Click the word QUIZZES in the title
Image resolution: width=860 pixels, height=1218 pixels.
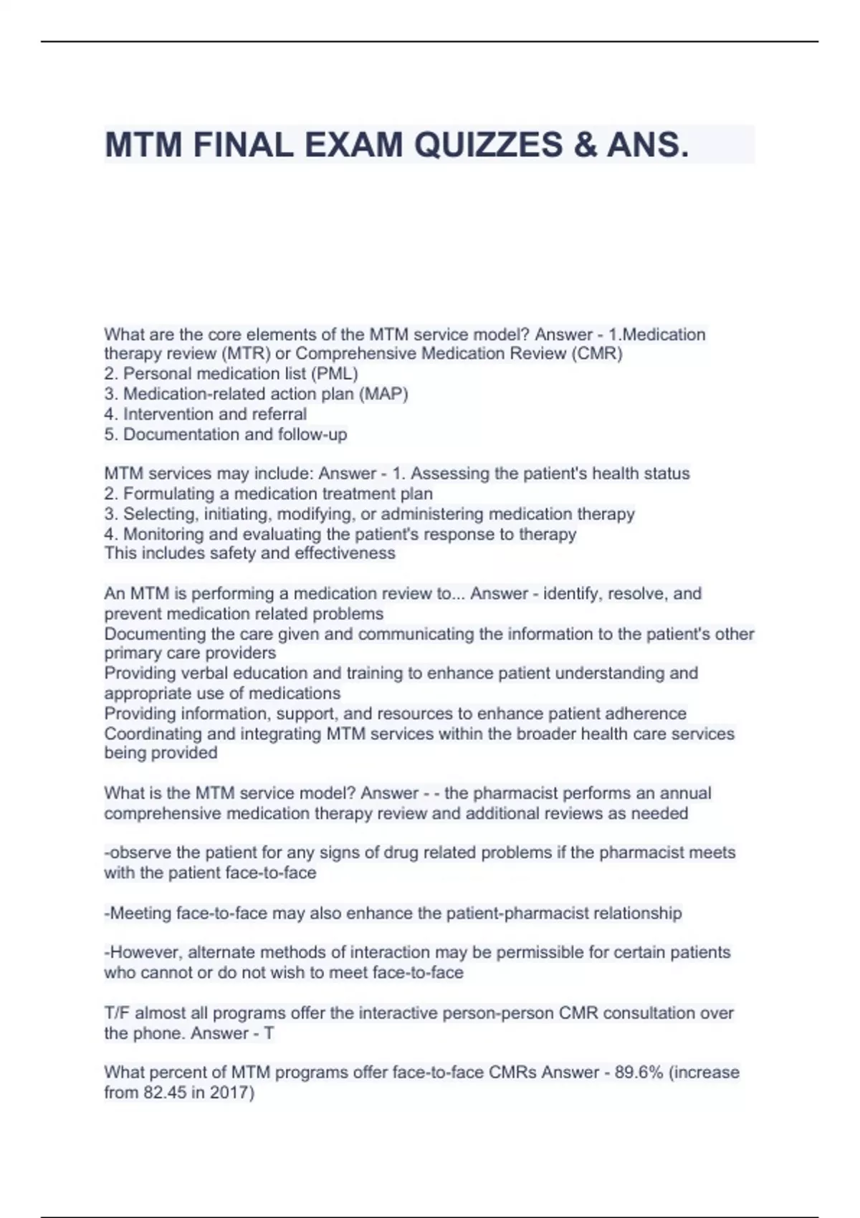coord(489,145)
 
